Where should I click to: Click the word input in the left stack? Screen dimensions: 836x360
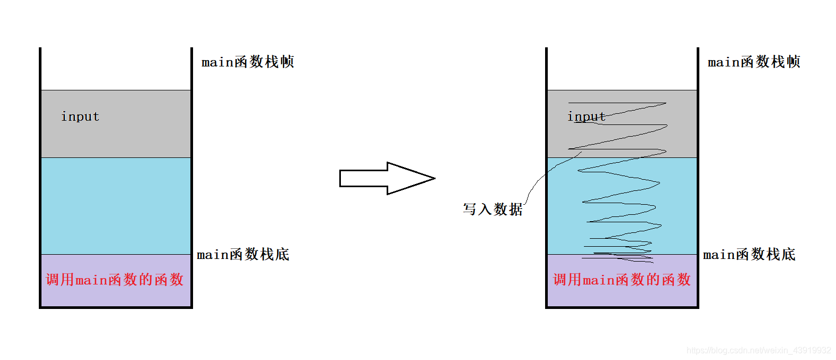coord(80,116)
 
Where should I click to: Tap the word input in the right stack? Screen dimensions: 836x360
coord(586,116)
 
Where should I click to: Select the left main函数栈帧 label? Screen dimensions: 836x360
coord(247,62)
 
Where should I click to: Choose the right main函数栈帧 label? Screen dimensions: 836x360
coord(754,62)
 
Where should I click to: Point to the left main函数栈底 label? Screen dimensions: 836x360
coord(243,255)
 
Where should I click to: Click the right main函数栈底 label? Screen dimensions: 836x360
coord(749,255)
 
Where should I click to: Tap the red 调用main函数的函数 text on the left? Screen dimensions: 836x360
coord(115,280)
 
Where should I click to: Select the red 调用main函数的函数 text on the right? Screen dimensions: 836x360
coord(622,280)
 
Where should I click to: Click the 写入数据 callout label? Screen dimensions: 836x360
coord(492,210)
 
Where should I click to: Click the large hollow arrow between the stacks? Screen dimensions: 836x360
coord(383,178)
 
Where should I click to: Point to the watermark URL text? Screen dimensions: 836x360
coord(758,350)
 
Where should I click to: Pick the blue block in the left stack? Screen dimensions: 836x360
coord(116,206)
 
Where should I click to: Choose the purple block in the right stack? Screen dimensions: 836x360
coord(622,297)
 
